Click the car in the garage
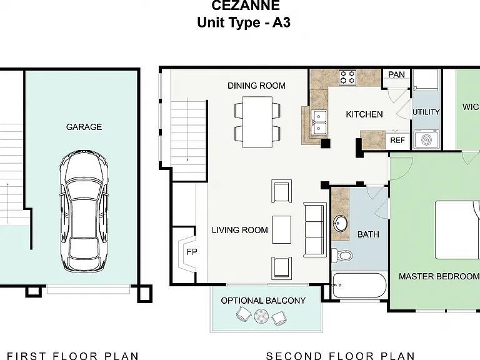[x=84, y=211]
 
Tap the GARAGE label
[x=84, y=127]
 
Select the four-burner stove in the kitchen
[x=347, y=77]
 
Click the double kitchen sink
[x=319, y=122]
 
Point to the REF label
[x=397, y=140]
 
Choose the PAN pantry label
[x=396, y=75]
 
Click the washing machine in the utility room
[x=427, y=139]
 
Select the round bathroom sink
[x=341, y=224]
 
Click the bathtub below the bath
[x=359, y=285]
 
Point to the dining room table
[x=257, y=122]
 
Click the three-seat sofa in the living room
[x=315, y=229]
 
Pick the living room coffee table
[x=282, y=229]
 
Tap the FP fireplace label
[x=192, y=252]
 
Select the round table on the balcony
[x=261, y=316]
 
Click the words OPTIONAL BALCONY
[x=263, y=301]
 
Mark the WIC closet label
[x=471, y=107]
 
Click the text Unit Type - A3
[x=244, y=22]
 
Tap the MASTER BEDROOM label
[x=439, y=276]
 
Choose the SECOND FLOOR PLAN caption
[x=340, y=356]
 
